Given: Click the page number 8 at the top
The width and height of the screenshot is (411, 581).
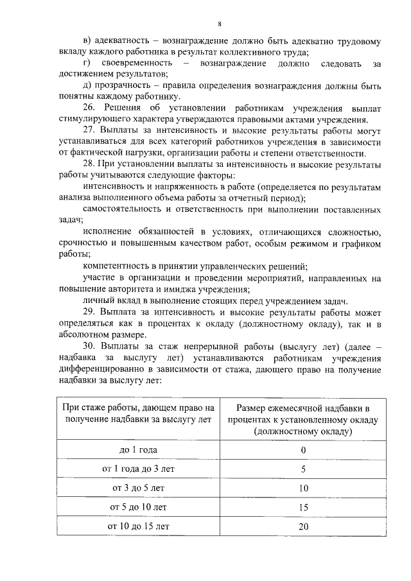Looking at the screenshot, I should (x=219, y=24).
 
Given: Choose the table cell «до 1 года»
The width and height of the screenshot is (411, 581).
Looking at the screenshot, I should (x=138, y=449).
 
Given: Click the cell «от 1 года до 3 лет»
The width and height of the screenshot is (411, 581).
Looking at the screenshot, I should (x=138, y=469).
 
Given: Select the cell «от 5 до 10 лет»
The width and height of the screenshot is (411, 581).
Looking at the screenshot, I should (x=138, y=507).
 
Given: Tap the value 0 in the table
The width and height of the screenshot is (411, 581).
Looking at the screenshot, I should (x=302, y=449).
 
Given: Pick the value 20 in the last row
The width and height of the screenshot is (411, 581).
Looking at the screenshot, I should (x=303, y=526).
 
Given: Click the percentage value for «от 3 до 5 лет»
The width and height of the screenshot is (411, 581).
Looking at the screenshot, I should (x=303, y=488).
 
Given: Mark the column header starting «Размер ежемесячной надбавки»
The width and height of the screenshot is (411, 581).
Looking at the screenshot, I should (x=303, y=420).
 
